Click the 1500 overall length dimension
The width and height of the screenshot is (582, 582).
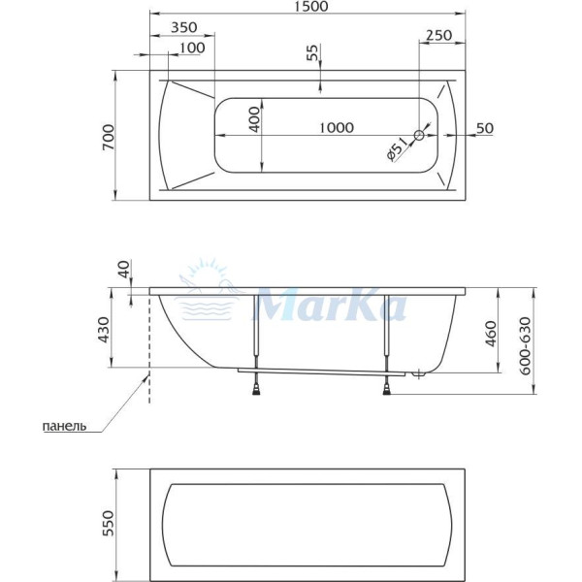point(307,8)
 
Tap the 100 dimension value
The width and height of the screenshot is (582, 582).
point(191,48)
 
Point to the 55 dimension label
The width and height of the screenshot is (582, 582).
point(311,53)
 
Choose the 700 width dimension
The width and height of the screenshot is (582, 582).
point(109,136)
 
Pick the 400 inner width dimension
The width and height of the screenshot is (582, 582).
point(254,117)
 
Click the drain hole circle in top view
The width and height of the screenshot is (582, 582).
point(420,136)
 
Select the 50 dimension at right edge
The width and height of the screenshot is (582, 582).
point(485,128)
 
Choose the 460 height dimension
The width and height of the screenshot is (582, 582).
point(491,333)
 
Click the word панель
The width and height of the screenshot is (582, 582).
point(66,425)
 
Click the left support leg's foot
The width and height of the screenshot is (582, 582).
point(256,388)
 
